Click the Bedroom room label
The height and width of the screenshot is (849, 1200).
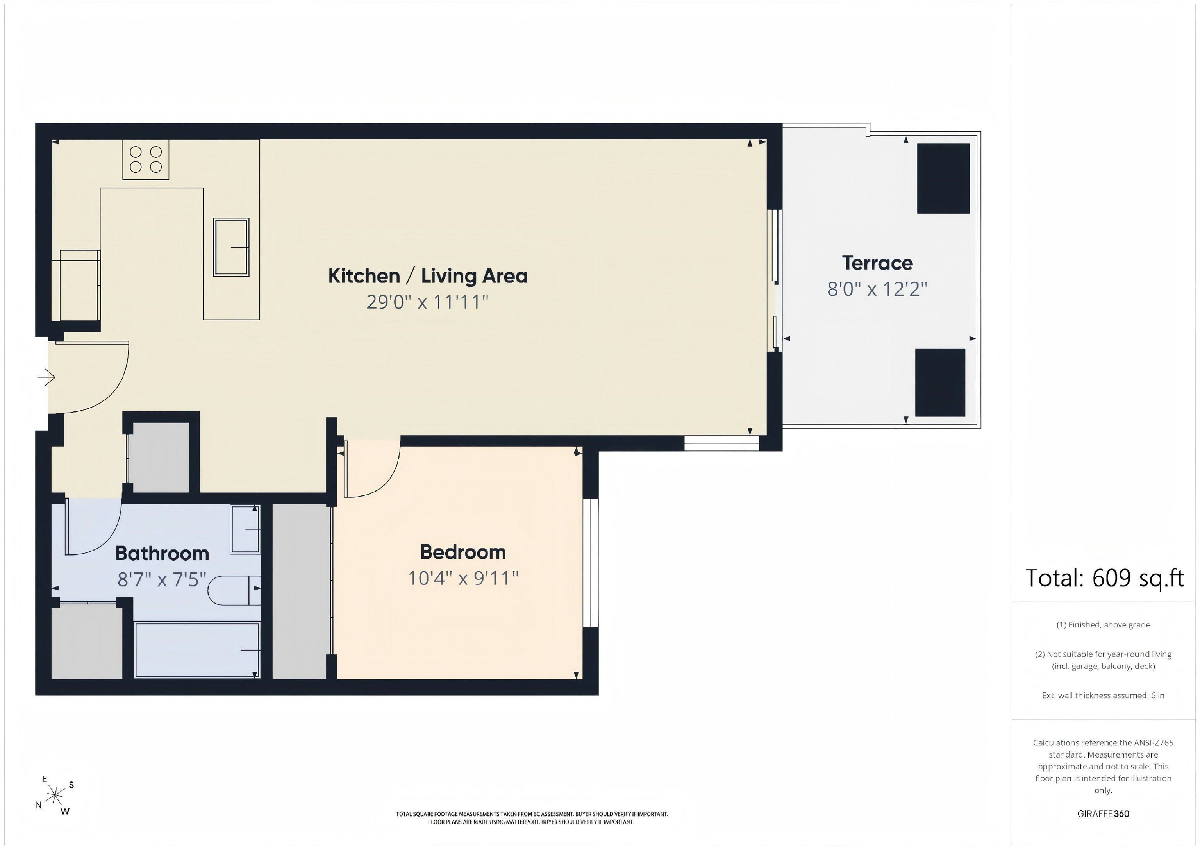[462, 552]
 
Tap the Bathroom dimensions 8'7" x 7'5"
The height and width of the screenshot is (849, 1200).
[162, 579]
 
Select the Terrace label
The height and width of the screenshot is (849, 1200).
[877, 263]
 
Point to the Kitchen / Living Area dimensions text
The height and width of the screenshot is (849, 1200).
[427, 302]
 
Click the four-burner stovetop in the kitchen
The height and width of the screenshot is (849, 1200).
[146, 159]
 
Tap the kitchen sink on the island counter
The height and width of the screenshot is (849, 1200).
[231, 247]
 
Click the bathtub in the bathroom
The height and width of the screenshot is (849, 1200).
[197, 650]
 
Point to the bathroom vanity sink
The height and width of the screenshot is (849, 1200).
[245, 529]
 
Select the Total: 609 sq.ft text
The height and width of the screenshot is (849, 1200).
[1104, 579]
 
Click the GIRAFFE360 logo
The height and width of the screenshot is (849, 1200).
[1103, 814]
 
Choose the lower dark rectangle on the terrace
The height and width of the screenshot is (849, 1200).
[940, 382]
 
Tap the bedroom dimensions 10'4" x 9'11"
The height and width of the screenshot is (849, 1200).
[462, 578]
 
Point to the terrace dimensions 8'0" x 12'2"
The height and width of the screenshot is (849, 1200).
[877, 289]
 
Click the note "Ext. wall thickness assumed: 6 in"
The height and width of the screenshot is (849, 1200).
[1103, 695]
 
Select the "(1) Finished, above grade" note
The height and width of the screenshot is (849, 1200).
[1103, 625]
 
